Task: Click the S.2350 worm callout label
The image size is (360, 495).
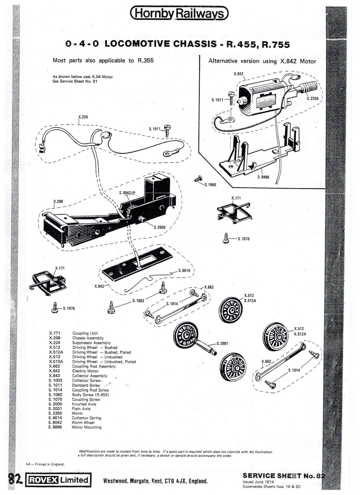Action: click(313, 98)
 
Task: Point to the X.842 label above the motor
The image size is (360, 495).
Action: click(238, 74)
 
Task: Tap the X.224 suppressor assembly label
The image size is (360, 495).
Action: click(83, 117)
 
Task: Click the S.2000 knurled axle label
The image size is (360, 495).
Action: click(160, 227)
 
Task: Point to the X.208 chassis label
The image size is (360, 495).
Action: click(58, 202)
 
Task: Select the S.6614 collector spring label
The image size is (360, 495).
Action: click(184, 270)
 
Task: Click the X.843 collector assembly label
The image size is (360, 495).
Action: click(99, 286)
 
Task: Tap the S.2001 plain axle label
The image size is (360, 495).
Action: click(222, 344)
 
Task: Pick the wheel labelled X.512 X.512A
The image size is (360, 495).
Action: click(275, 337)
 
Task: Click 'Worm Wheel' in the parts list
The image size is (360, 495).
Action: click(83, 422)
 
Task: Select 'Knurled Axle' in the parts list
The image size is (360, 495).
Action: click(84, 404)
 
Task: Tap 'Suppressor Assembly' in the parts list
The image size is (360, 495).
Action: click(91, 343)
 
